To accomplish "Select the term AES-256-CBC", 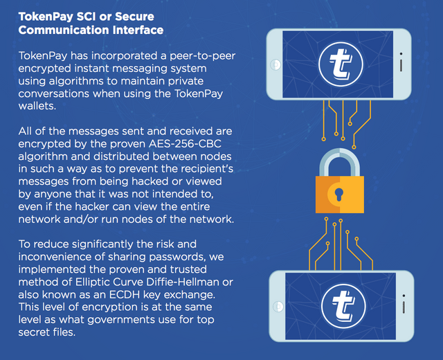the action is [185, 144].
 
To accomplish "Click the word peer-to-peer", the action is [202, 56].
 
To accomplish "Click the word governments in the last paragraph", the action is [122, 320].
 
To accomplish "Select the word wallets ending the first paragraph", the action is [37, 106].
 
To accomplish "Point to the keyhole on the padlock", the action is [338, 195].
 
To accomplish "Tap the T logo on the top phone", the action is [341, 64].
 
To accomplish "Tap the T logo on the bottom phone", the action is [343, 306].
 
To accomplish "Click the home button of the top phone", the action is [275, 64].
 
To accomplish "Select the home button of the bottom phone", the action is [278, 307].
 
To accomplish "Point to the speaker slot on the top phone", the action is [401, 65].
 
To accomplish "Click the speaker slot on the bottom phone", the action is [404, 307].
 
